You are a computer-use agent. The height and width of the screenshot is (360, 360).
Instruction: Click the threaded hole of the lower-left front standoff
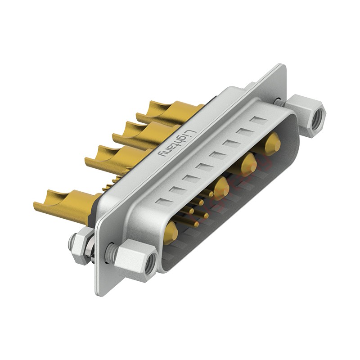pyautogui.click(x=150, y=261)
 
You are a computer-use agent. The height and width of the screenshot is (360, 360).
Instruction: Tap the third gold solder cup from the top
pyautogui.click(x=119, y=158)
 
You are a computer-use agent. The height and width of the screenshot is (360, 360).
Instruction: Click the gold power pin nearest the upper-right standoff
pyautogui.click(x=273, y=144)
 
